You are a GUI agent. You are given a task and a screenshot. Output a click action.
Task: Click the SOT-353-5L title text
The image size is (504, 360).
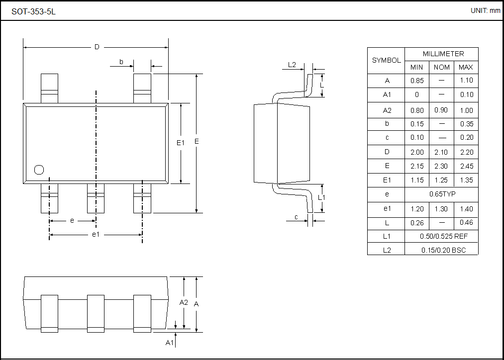(x=34, y=11)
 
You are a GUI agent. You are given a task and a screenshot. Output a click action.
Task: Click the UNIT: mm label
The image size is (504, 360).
(x=485, y=10)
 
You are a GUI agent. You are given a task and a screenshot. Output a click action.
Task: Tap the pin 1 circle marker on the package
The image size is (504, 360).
(x=39, y=170)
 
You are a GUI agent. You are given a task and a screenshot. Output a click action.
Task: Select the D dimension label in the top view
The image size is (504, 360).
(x=97, y=47)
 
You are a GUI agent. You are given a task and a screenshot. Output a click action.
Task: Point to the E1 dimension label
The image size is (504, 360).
(x=181, y=143)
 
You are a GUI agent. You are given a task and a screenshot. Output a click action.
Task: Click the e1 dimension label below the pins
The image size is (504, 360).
(x=96, y=234)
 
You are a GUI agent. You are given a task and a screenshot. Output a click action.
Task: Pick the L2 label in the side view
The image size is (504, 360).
(x=292, y=65)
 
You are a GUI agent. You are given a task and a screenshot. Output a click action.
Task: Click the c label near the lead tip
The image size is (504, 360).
(x=297, y=217)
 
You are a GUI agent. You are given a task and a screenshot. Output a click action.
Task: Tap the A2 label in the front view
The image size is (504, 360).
(x=184, y=302)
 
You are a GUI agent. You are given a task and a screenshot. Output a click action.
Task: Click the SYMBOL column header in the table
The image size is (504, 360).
(x=386, y=60)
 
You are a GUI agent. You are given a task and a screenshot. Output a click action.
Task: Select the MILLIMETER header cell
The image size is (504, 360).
(x=442, y=54)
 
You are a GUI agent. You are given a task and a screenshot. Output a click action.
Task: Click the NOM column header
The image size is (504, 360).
(x=442, y=67)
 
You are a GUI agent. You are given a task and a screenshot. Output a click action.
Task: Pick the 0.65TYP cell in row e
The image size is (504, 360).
(x=442, y=194)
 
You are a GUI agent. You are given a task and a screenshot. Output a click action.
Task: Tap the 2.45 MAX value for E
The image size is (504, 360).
(x=466, y=166)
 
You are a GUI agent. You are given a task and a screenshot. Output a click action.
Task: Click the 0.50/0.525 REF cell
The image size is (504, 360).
(x=442, y=236)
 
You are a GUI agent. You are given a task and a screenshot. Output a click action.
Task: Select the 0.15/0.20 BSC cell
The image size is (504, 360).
(x=442, y=250)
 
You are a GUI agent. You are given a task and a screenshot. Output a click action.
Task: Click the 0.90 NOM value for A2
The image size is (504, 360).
(x=442, y=110)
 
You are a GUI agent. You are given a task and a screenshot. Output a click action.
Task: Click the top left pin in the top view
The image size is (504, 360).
(x=49, y=89)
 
